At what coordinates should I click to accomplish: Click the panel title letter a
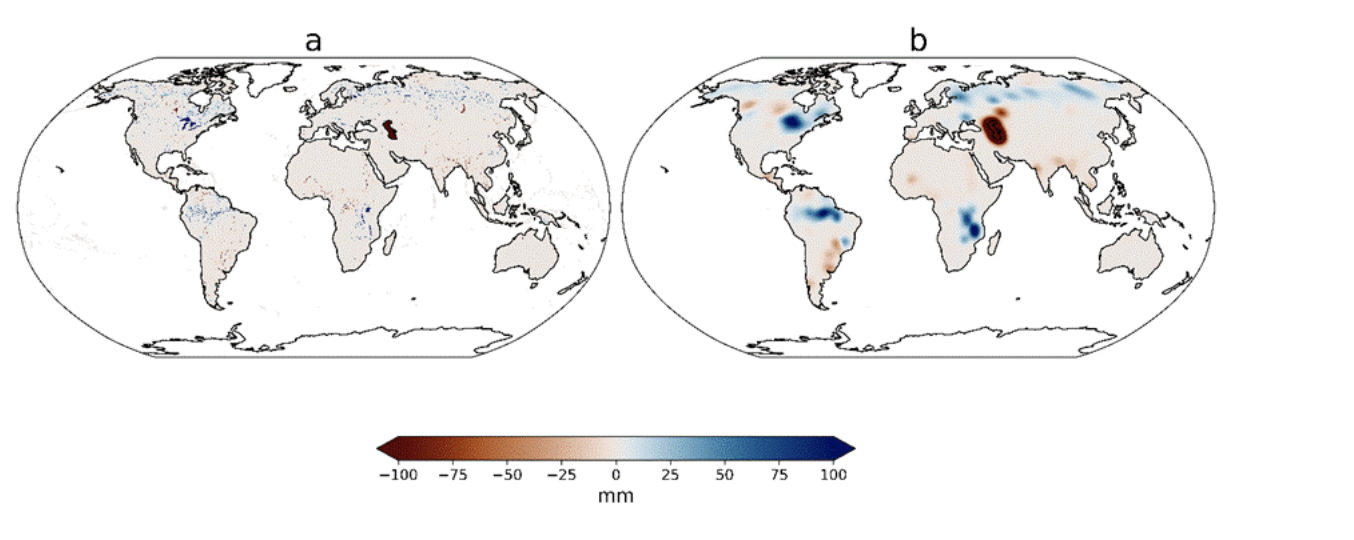coord(314,41)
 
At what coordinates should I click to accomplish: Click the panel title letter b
coord(918,41)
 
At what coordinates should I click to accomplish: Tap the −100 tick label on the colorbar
coord(397,474)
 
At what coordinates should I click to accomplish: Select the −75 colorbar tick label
coord(453,474)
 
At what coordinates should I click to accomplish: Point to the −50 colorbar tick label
coord(507,474)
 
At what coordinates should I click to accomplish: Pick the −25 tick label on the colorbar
coord(561,474)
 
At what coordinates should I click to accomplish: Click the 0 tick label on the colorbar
coord(616,474)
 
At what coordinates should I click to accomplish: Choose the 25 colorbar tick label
coord(670,474)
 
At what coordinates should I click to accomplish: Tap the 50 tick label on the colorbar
coord(724,474)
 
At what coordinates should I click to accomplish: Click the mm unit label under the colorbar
coord(616,495)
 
